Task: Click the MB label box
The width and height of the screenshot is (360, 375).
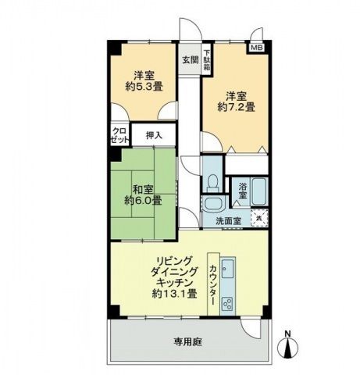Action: click(x=256, y=48)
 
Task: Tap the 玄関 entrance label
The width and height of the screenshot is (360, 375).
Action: click(x=190, y=59)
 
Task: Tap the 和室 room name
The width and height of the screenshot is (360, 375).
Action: click(x=141, y=189)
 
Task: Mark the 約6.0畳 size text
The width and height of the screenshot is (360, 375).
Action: click(x=143, y=201)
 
